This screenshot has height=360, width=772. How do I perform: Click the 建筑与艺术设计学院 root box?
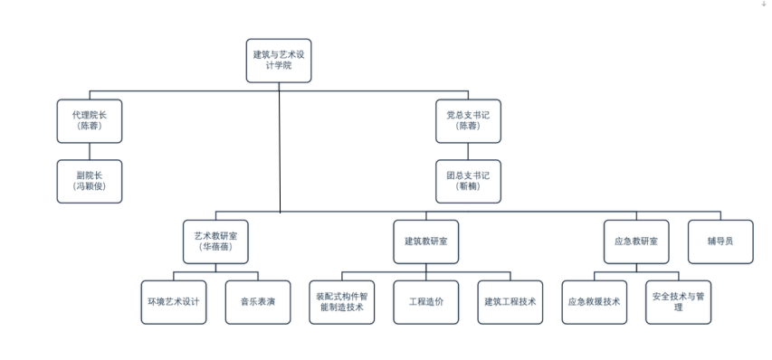279,61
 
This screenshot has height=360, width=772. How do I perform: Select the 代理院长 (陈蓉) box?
89,121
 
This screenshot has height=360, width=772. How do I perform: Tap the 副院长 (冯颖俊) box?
89,181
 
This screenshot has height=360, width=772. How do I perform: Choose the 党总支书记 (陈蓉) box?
468,121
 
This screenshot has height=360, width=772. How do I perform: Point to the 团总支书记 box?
468,181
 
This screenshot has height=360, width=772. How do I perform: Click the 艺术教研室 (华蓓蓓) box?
215,242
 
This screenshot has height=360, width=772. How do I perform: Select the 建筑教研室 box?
426,242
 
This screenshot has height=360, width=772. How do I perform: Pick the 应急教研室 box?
636,242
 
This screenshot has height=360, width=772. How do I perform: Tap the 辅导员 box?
720,242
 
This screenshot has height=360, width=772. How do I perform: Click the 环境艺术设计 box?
173,302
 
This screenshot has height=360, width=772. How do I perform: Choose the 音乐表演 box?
258,302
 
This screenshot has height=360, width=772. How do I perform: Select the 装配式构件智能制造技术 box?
342,302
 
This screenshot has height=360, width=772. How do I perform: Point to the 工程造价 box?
426,302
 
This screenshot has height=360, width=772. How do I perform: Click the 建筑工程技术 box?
510,302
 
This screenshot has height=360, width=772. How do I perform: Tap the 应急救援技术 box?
595,302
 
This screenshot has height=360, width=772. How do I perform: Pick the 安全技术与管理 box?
678,302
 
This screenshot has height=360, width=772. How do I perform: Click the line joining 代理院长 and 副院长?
89,151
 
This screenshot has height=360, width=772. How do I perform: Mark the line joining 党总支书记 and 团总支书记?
468,151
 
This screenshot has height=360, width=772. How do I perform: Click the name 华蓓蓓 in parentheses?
215,247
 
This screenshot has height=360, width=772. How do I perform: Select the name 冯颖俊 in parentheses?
89,186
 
